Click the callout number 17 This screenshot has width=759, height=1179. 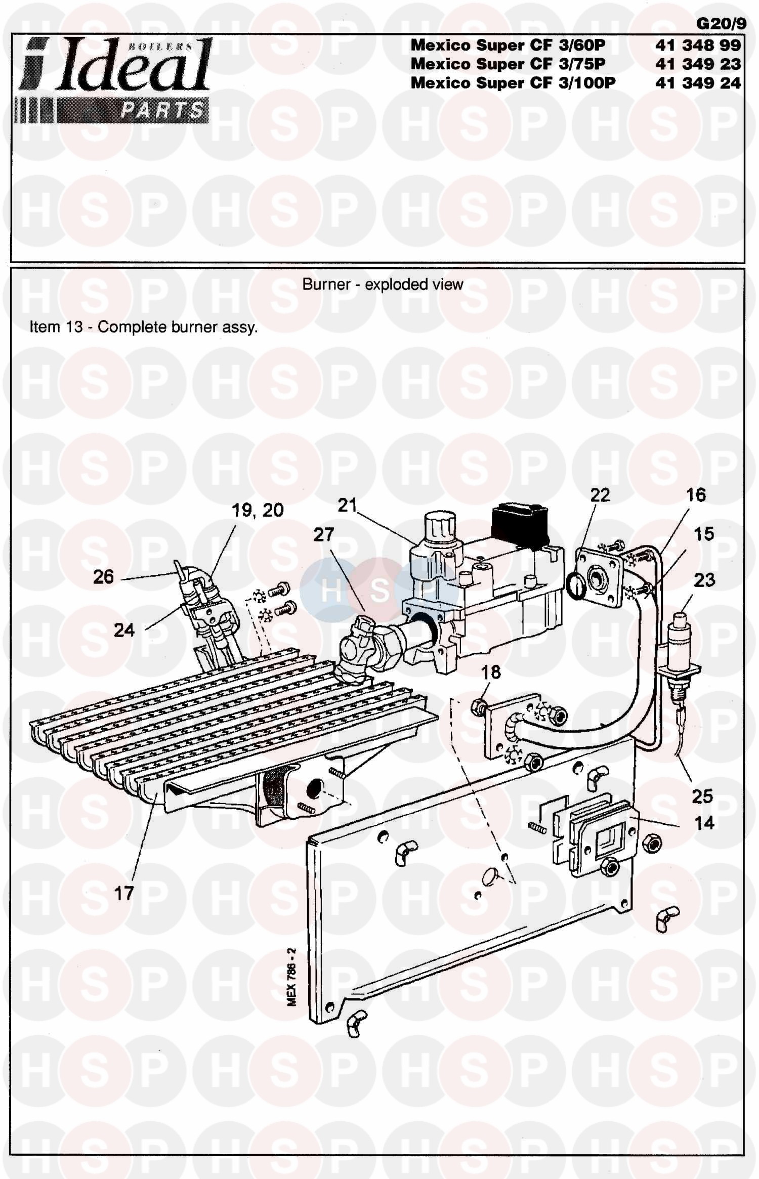[x=124, y=893]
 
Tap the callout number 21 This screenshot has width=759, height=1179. [x=347, y=504]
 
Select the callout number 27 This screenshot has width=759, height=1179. [x=324, y=534]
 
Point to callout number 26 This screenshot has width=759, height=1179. [x=104, y=576]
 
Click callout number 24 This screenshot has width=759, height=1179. [x=124, y=630]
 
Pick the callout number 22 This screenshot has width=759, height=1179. [x=600, y=495]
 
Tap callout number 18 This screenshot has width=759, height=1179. [x=491, y=672]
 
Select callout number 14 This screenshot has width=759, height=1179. [x=704, y=823]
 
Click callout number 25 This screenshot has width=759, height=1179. [x=702, y=796]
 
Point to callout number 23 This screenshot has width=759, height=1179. [x=704, y=580]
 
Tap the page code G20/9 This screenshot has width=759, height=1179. [x=721, y=24]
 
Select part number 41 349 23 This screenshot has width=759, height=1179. [x=698, y=64]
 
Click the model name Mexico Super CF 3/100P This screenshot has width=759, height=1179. [x=513, y=82]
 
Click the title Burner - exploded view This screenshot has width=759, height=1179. [x=383, y=284]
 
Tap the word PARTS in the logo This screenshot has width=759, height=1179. [x=161, y=111]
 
